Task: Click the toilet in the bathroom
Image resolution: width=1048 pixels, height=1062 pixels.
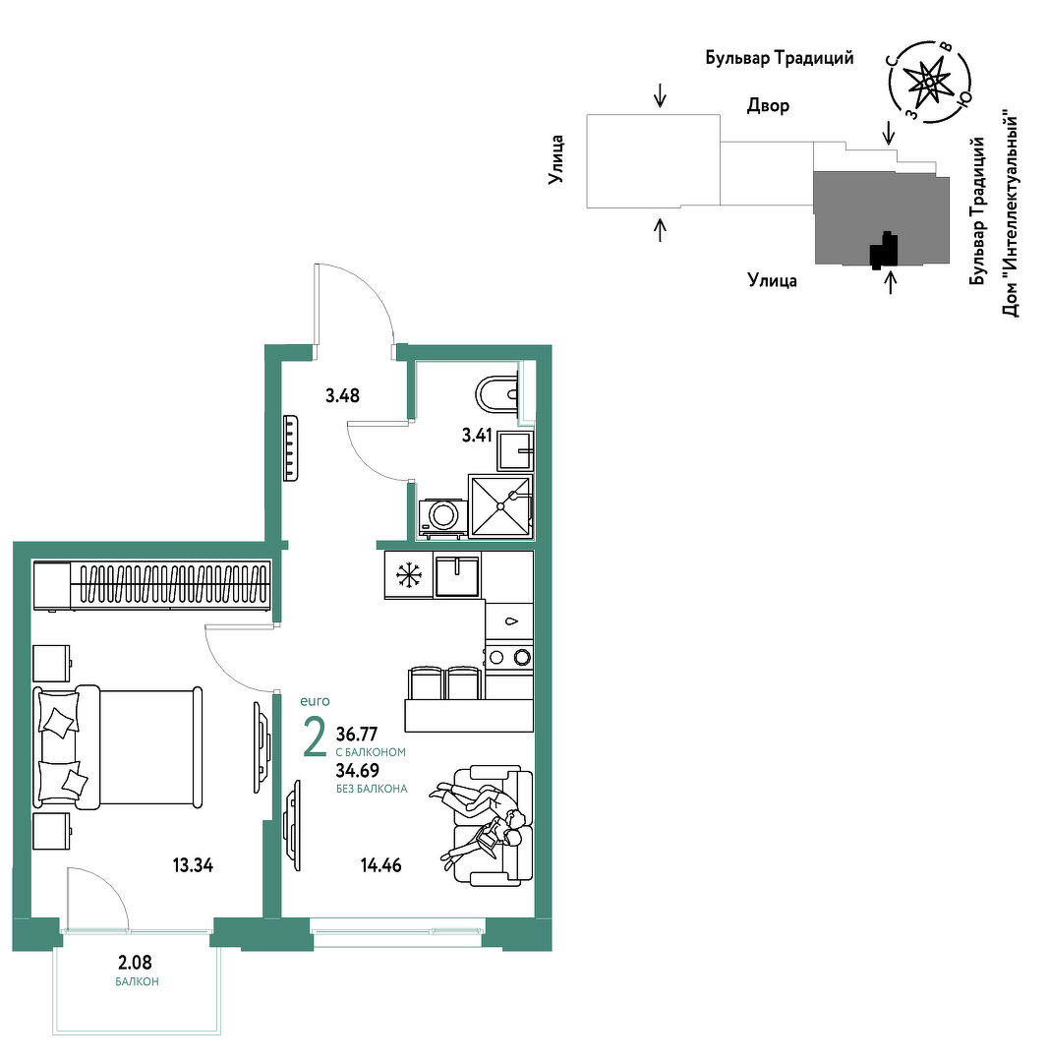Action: click(x=497, y=394)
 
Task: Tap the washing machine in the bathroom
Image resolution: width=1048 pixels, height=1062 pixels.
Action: click(x=442, y=518)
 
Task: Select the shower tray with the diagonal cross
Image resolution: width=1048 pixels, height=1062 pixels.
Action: click(x=500, y=505)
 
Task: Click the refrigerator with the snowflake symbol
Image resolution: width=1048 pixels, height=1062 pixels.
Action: click(x=409, y=575)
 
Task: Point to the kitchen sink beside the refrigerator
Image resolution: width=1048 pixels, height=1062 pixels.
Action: click(x=458, y=575)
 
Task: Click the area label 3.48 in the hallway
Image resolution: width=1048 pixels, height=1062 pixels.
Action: click(x=342, y=395)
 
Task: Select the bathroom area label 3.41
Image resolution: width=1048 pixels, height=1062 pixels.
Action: click(x=477, y=435)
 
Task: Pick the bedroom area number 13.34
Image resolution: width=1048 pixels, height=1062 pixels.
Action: click(x=193, y=865)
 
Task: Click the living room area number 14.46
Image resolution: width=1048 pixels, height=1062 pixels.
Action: click(x=381, y=865)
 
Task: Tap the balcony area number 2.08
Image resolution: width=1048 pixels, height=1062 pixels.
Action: click(x=136, y=962)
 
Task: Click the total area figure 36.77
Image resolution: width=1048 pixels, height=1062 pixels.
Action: click(x=357, y=735)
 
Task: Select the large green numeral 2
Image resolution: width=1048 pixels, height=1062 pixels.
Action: click(x=315, y=737)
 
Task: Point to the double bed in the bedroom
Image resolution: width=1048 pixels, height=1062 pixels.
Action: click(x=119, y=746)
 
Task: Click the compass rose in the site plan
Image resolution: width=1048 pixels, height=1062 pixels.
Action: click(x=929, y=82)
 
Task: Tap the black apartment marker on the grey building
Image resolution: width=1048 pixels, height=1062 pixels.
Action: click(x=884, y=249)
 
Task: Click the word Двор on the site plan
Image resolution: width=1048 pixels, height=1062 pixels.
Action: click(x=769, y=105)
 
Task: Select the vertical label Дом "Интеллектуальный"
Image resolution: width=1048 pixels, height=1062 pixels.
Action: click(x=1010, y=216)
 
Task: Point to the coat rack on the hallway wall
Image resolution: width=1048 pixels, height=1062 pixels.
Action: click(x=290, y=447)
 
